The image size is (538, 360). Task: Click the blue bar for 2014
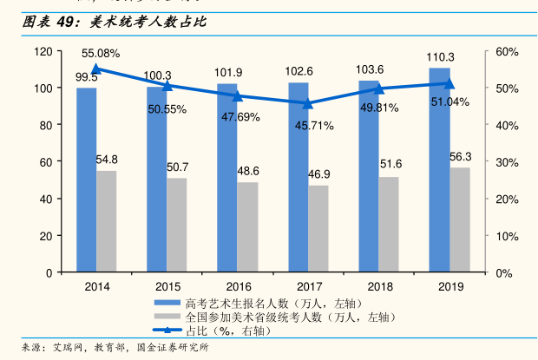86,180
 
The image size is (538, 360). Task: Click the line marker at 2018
379,88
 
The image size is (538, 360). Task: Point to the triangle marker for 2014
96,69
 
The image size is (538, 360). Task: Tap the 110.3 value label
440,57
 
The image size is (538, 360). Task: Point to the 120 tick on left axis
43,51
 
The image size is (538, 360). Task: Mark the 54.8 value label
107,160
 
